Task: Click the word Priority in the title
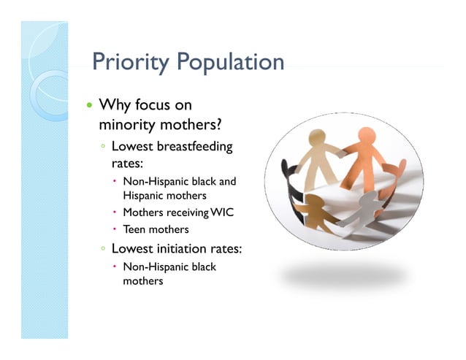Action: [123, 63]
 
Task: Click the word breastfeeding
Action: [194, 147]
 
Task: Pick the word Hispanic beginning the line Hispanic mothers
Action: [144, 196]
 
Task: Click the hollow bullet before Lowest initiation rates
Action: [104, 249]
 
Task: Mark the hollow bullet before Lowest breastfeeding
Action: [104, 148]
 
